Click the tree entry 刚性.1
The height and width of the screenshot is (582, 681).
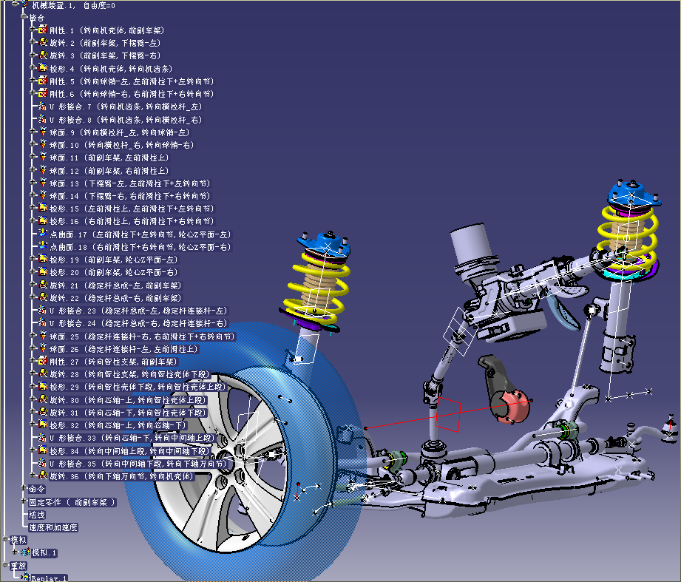[x=61, y=30]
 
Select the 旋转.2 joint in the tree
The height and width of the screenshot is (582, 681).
[x=61, y=43]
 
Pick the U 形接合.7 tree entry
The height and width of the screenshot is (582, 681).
[x=67, y=106]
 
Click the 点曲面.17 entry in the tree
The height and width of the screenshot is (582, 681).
[x=67, y=234]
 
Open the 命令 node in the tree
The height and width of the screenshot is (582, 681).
[x=37, y=489]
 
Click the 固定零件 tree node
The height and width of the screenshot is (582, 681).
[x=44, y=502]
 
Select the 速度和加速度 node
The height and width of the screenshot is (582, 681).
[x=52, y=527]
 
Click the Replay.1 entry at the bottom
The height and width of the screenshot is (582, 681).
[x=48, y=578]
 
